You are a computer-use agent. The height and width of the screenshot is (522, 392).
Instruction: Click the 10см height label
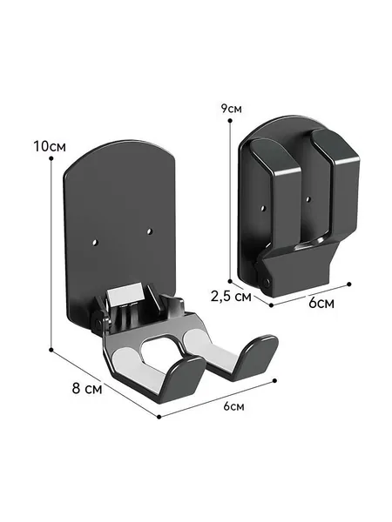(x=50, y=146)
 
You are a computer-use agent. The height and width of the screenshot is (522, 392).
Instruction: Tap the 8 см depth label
(x=86, y=388)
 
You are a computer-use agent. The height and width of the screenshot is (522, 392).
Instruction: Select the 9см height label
(x=231, y=109)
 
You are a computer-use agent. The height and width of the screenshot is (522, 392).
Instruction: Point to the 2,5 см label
(x=231, y=296)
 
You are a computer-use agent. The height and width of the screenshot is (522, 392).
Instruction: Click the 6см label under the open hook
(x=233, y=406)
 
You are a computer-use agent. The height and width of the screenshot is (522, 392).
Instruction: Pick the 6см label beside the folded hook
(x=321, y=303)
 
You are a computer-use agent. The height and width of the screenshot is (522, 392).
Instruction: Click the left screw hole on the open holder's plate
(x=96, y=241)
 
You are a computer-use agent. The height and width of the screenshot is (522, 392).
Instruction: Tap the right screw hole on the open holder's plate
(x=149, y=231)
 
